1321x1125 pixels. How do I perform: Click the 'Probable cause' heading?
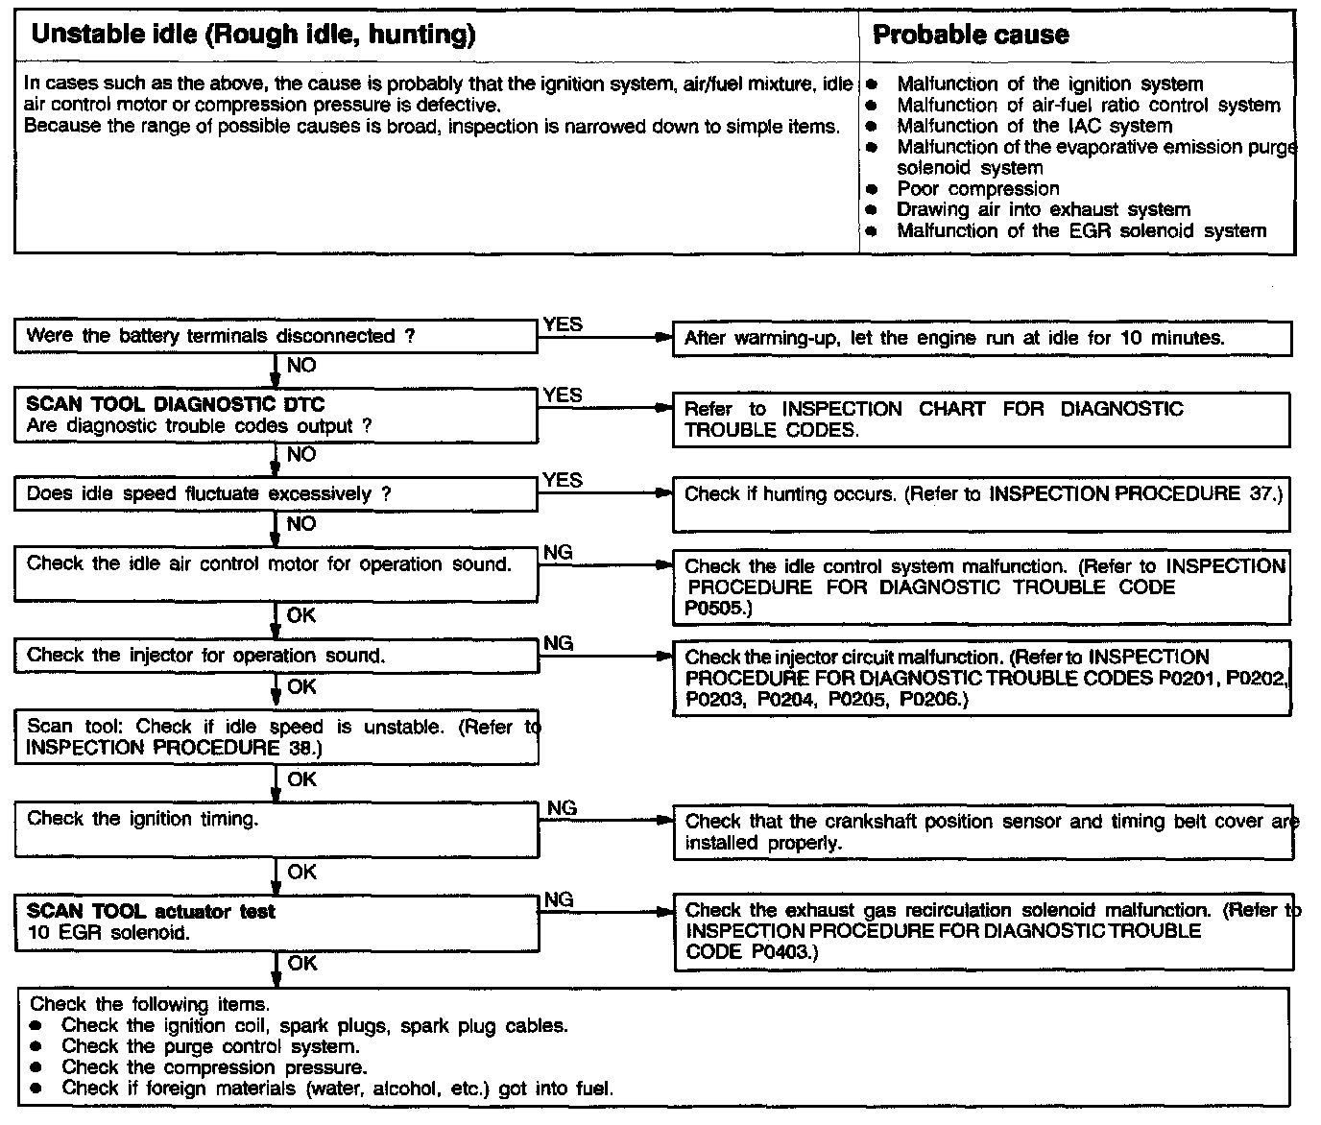tap(970, 36)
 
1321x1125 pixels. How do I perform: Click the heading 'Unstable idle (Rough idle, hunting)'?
tap(253, 36)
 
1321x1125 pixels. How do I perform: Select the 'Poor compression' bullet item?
tap(977, 189)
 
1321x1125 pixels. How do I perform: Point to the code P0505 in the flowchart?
tap(711, 608)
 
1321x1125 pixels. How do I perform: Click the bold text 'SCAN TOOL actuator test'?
tap(151, 911)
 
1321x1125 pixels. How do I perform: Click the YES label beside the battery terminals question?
tap(563, 324)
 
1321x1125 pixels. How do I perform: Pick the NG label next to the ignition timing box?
tap(562, 808)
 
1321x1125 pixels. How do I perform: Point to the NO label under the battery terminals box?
tap(300, 366)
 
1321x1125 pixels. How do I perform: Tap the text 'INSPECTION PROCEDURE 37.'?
tap(1134, 494)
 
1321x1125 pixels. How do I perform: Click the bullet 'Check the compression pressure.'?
tap(213, 1067)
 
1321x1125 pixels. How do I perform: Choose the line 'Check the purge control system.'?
tap(210, 1046)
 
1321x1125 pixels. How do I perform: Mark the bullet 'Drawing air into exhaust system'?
tap(1043, 210)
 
